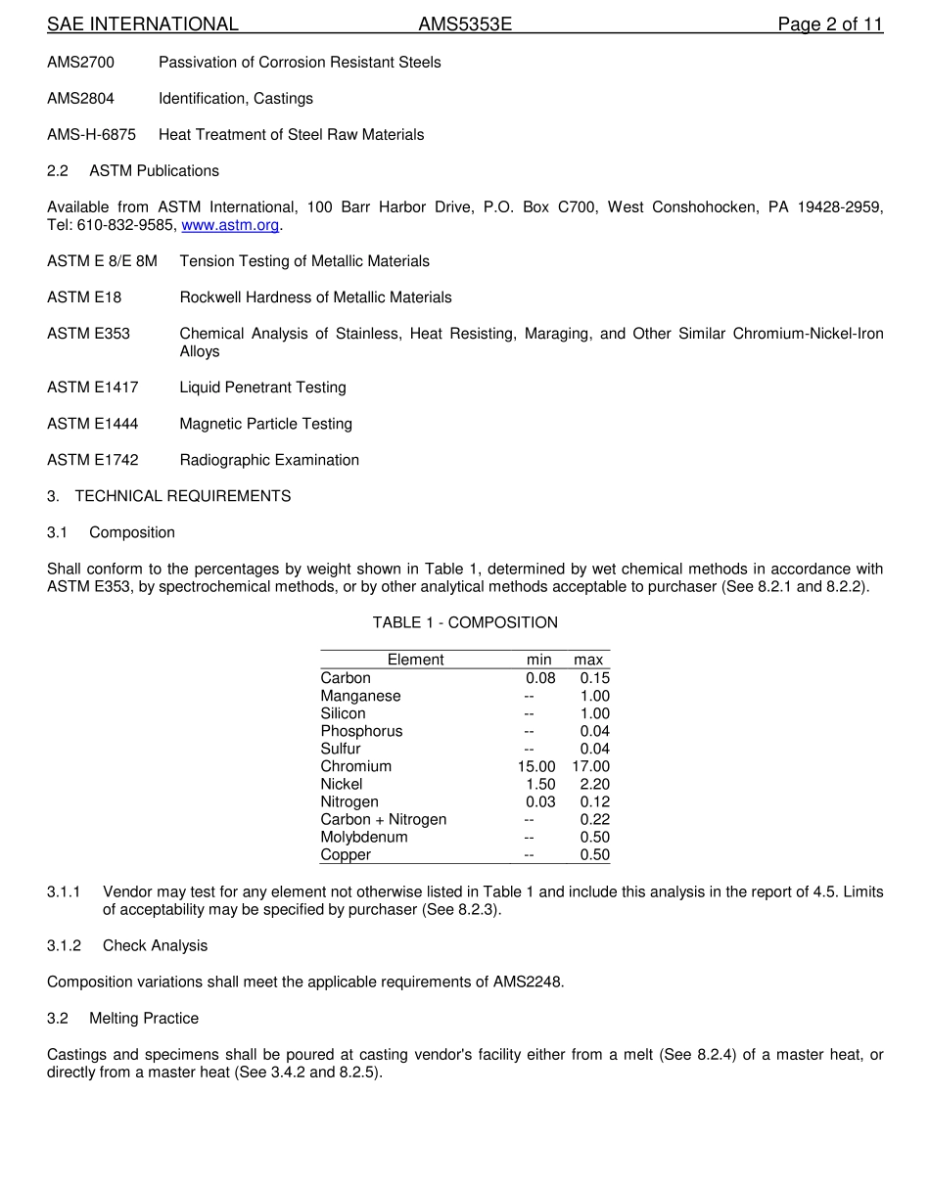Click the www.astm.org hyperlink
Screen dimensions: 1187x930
(x=230, y=225)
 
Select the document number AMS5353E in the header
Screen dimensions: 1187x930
(x=465, y=24)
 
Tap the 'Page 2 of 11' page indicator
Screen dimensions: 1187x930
(x=830, y=24)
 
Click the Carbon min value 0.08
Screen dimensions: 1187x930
(x=540, y=678)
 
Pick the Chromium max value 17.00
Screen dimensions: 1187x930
(x=590, y=766)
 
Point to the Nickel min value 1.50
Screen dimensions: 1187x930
(x=540, y=784)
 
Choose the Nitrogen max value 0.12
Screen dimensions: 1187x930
(x=594, y=801)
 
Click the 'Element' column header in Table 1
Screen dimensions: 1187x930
(x=415, y=660)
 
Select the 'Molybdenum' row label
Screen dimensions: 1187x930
(x=364, y=837)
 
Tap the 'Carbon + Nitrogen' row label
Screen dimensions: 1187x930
(x=383, y=819)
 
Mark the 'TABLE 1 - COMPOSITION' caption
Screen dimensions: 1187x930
(x=465, y=622)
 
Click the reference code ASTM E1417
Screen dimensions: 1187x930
(x=93, y=388)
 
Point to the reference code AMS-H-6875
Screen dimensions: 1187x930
(x=92, y=134)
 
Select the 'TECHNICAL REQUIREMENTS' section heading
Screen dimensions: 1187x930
(x=183, y=496)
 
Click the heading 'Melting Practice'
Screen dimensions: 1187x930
(x=144, y=1018)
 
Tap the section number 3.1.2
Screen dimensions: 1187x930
(x=65, y=945)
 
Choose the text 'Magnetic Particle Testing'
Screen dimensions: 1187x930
(x=265, y=424)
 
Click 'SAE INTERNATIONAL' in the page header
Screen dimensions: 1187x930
(x=143, y=24)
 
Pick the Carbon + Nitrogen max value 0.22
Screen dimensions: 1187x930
(x=594, y=819)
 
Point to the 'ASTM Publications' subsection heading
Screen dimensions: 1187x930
(x=154, y=170)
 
